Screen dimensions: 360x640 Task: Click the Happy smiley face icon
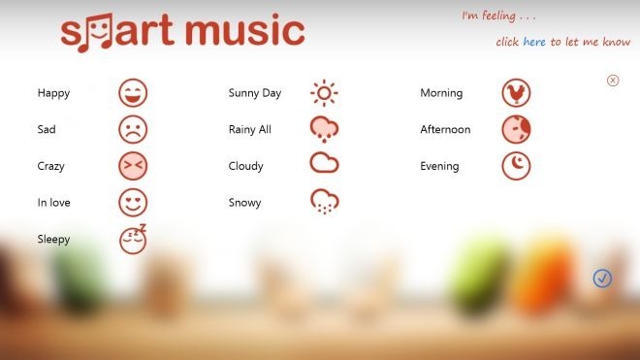pos(133,93)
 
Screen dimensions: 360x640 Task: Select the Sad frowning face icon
pos(133,129)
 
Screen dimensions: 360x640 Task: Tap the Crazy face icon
pos(133,166)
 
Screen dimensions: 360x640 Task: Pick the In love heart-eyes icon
pos(133,203)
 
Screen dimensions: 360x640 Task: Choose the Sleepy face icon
pos(133,239)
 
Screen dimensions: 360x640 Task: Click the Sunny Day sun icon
pos(324,93)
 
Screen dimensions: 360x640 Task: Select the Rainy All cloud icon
pos(324,129)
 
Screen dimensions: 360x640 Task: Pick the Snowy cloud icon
pos(324,202)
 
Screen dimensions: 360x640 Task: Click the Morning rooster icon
pos(516,93)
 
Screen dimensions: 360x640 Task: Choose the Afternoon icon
pos(516,129)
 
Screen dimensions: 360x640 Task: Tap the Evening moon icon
pos(516,166)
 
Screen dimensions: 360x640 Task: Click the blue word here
pos(534,43)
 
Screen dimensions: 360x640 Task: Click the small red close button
pos(613,81)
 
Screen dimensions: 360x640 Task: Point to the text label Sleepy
pos(53,239)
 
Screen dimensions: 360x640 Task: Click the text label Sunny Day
pos(255,93)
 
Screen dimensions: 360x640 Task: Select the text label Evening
pos(439,166)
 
